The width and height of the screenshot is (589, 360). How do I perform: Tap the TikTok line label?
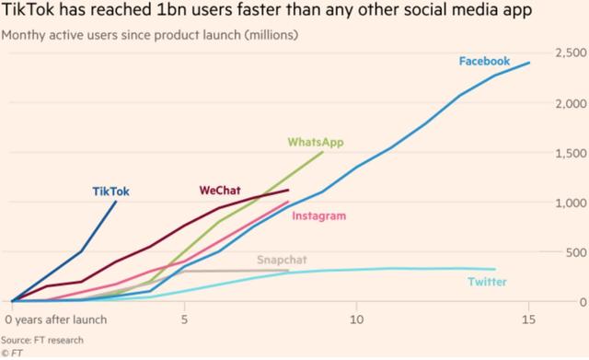pos(110,192)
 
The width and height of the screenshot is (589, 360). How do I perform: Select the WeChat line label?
pos(220,191)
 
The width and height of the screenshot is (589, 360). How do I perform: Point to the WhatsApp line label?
pos(316,142)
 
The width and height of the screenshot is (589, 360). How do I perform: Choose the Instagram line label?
pos(318,216)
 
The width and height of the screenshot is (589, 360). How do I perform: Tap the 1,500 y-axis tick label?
pos(571,153)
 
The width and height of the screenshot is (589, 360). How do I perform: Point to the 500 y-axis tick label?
pos(575,252)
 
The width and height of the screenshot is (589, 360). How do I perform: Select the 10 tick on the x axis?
pos(356,319)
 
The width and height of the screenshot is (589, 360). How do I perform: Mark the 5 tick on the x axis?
pos(185,319)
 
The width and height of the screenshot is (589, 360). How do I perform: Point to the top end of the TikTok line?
pos(116,202)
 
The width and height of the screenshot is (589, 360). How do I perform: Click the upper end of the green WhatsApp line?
pos(322,153)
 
